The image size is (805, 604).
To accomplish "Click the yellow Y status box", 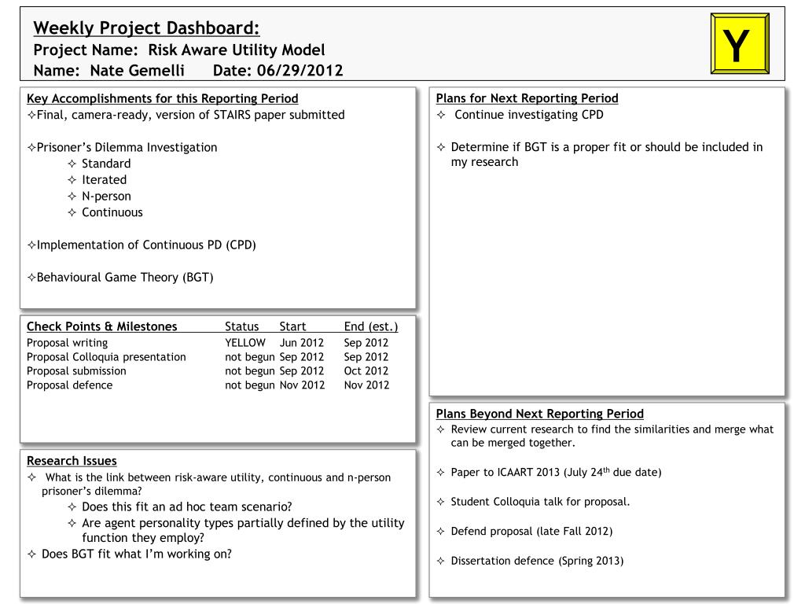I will coord(738,44).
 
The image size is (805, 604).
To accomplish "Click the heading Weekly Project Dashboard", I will coord(146,29).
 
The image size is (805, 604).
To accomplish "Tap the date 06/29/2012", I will coord(294,71).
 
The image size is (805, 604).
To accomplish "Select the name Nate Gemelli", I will coord(137,71).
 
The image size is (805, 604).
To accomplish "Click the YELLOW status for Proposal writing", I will coord(245,343).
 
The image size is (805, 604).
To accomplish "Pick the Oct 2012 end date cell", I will coord(366,371).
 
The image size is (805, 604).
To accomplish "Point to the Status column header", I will coord(241,327).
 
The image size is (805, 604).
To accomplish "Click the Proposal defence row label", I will coord(69,385).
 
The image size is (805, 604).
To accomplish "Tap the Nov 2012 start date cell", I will coord(302,385).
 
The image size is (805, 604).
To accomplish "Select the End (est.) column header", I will coord(371,327).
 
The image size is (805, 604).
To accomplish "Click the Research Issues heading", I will coord(72,461).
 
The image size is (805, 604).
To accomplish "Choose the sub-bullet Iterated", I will coord(104,180).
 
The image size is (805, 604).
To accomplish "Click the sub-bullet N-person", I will coord(106,196).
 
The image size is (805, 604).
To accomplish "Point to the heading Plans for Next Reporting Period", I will coord(527,98).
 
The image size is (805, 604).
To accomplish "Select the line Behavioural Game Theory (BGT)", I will coord(125,278).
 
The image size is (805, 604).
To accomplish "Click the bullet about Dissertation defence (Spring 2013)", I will coord(537,562).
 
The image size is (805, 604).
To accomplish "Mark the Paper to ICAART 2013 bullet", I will coord(556,473).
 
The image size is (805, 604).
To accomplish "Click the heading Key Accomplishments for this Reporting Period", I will coord(163,98).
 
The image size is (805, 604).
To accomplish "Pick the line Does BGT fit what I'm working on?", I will coord(136,554).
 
